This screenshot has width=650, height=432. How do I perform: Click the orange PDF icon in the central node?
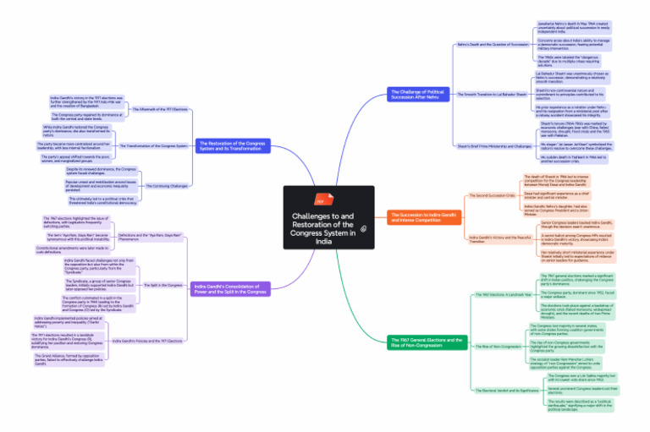(x=320, y=201)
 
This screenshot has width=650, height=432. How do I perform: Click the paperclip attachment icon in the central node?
(x=362, y=228)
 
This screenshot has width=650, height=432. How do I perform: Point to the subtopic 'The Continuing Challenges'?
(x=165, y=186)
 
